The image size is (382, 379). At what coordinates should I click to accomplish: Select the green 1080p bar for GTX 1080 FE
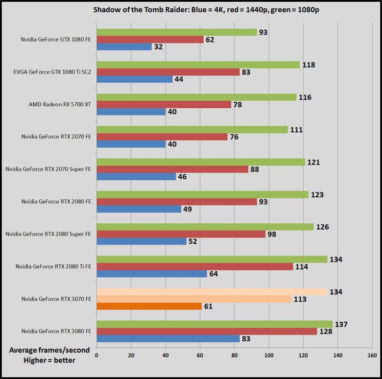tap(176, 32)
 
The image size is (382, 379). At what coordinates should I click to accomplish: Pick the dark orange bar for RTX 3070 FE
tap(149, 306)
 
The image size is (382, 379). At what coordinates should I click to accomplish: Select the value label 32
tap(159, 47)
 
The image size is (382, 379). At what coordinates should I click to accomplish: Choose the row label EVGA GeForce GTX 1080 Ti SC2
tap(52, 72)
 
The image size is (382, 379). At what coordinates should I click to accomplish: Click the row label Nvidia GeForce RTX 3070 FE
tap(56, 299)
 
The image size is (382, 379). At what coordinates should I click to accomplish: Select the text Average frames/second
tap(43, 351)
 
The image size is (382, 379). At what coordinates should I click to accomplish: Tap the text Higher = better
tap(43, 361)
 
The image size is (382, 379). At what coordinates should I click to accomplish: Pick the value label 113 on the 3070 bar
tap(300, 299)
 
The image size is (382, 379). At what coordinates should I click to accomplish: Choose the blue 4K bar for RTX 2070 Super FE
tap(136, 177)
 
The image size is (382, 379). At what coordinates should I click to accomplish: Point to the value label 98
tap(272, 235)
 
